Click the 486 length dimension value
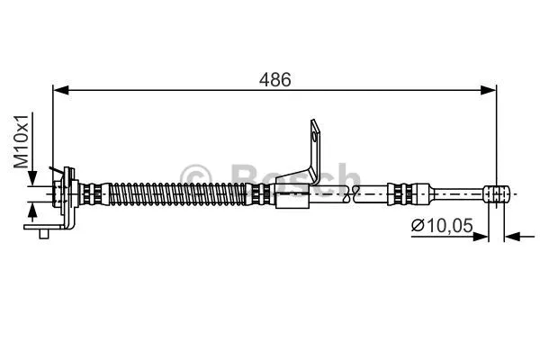coord(276,79)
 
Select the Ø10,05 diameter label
coord(442,226)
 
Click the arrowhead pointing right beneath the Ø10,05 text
coord(481,237)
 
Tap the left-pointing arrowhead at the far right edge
coord(511,237)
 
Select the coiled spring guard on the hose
coord(180,193)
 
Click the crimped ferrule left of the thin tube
coord(409,193)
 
